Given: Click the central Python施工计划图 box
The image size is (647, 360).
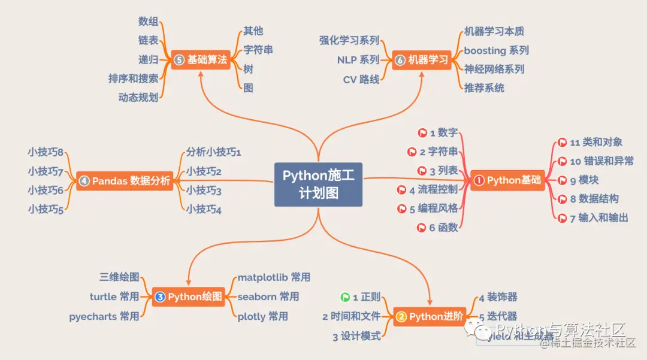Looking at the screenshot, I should (318, 184).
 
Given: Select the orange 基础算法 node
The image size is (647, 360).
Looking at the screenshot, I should (201, 60).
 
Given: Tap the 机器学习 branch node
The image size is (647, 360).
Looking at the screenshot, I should (422, 60).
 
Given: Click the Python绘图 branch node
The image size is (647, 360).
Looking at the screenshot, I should (189, 297).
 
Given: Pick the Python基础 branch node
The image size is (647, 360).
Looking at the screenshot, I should (507, 180).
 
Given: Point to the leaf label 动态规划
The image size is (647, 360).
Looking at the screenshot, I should (138, 97).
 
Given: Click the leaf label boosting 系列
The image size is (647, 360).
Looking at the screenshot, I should (496, 50).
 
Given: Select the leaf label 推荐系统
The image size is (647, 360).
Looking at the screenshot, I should (484, 88).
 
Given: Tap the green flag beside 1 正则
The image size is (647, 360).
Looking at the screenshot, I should (345, 297).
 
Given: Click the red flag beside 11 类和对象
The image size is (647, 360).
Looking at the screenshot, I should (562, 143).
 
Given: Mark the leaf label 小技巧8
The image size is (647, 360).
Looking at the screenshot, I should (46, 152).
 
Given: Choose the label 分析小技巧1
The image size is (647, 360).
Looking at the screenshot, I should (213, 152).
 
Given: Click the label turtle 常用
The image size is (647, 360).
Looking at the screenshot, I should (114, 297).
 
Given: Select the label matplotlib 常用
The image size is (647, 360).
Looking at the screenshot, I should (274, 277).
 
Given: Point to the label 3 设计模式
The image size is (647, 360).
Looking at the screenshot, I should (356, 337).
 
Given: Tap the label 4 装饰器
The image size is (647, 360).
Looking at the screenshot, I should (498, 297).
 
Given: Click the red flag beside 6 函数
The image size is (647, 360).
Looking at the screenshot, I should (422, 228).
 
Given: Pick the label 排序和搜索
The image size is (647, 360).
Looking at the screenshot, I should (134, 78).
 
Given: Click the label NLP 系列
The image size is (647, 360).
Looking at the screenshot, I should (358, 60).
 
